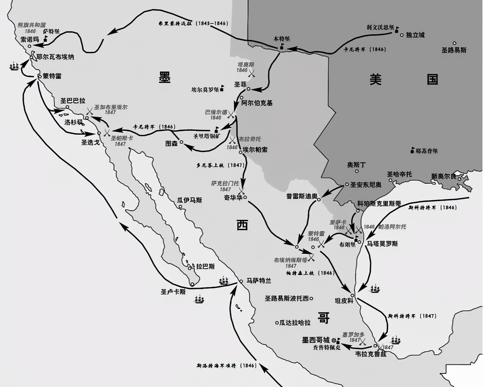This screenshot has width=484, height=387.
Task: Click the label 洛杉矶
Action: click(73, 122)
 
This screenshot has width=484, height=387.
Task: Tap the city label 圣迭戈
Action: click(90, 142)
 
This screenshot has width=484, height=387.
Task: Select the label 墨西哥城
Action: click(316, 340)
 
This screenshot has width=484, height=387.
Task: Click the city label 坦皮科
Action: click(344, 301)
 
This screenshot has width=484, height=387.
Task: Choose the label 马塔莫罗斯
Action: click(382, 244)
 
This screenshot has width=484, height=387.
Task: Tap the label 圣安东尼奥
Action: click(366, 185)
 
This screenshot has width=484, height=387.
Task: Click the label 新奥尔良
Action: click(444, 176)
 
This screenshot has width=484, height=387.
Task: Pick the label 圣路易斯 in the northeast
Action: click(454, 50)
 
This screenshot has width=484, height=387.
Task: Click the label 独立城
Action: click(415, 35)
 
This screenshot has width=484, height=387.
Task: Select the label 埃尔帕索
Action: click(255, 149)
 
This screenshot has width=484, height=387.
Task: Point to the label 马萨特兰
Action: click(259, 281)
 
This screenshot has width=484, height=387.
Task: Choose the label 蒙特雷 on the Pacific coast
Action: click(52, 76)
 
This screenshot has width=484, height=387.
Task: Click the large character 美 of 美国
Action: click(375, 79)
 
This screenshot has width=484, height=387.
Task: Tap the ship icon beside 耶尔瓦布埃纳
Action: click(14, 66)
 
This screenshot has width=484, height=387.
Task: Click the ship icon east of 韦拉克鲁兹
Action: click(397, 340)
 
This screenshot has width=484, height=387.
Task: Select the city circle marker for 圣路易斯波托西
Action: click(311, 298)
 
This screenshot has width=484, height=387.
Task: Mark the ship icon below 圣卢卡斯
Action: click(199, 300)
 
